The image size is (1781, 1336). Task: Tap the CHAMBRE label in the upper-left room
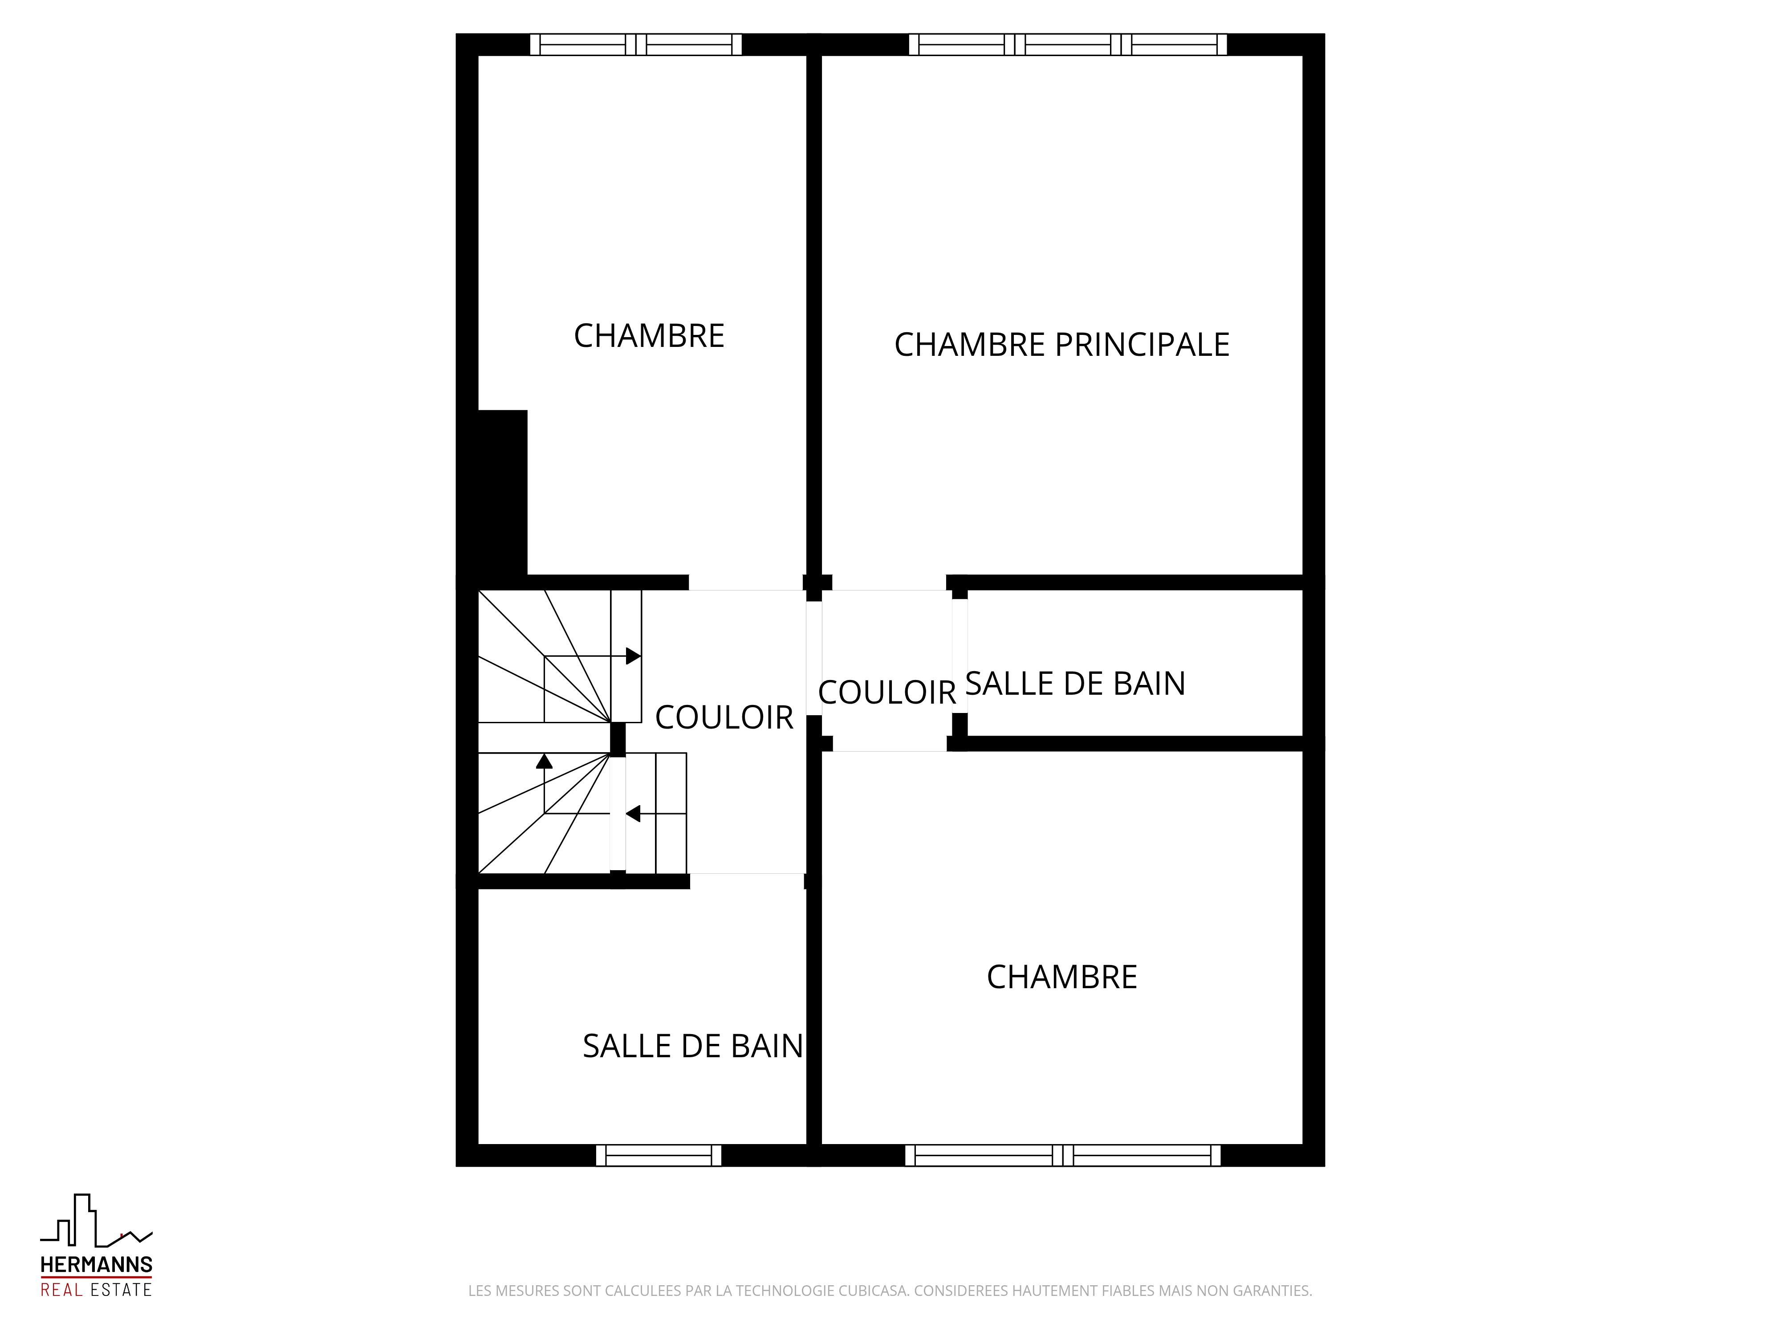[649, 336]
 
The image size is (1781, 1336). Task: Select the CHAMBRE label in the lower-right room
[1062, 977]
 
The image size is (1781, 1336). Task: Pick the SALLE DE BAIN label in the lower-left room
[692, 1046]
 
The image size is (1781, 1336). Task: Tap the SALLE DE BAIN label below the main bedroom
[1075, 684]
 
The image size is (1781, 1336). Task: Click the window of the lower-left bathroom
[659, 1155]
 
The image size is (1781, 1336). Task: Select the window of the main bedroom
[1068, 44]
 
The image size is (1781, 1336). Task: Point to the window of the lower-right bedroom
[1063, 1155]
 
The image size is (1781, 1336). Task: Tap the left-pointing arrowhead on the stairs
[633, 813]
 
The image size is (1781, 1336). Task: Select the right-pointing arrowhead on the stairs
[634, 656]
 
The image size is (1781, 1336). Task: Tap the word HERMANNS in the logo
[97, 1265]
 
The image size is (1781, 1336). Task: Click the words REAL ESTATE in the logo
[97, 1289]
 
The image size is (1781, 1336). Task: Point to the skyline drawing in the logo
[97, 1221]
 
